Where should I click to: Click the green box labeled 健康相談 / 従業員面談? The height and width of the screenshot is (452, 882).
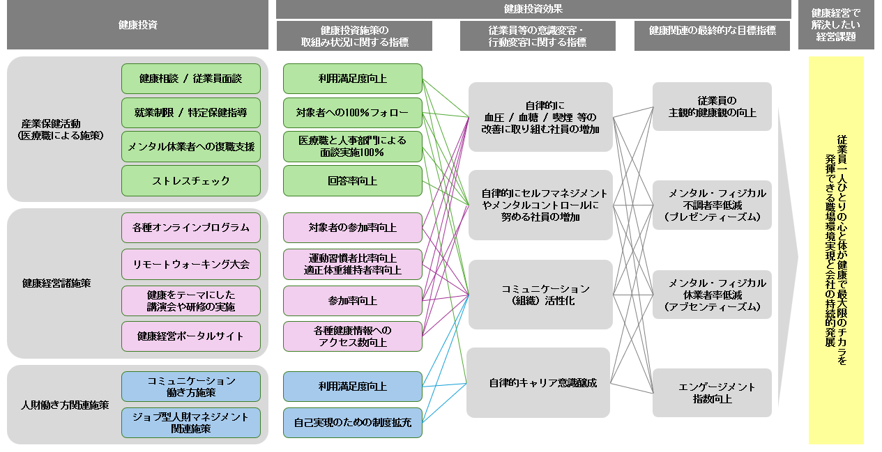pyautogui.click(x=190, y=79)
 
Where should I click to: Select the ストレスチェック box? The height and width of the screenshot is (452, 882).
pyautogui.click(x=190, y=181)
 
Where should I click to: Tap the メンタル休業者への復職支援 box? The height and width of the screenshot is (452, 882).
pyautogui.click(x=190, y=147)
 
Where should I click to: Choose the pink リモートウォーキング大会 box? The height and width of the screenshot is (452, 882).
pyautogui.click(x=190, y=264)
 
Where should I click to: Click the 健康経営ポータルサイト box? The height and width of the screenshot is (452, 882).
pyautogui.click(x=190, y=336)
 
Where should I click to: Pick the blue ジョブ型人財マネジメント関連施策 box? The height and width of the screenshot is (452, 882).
pyautogui.click(x=190, y=423)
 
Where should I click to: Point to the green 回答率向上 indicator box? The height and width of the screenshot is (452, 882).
pyautogui.click(x=352, y=181)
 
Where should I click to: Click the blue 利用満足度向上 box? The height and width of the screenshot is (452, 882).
pyautogui.click(x=352, y=387)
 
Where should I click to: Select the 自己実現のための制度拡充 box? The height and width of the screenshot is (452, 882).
pyautogui.click(x=352, y=423)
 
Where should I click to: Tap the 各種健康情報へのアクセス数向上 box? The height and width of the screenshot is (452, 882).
pyautogui.click(x=352, y=336)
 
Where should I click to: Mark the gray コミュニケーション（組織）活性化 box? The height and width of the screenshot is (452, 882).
pyautogui.click(x=540, y=295)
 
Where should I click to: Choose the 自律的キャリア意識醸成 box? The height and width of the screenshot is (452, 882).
pyautogui.click(x=538, y=383)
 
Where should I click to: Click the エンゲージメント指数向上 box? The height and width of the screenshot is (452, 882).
pyautogui.click(x=712, y=393)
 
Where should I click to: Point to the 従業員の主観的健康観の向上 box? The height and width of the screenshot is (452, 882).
pyautogui.click(x=712, y=107)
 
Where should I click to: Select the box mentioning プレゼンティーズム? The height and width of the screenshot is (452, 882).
pyautogui.click(x=712, y=205)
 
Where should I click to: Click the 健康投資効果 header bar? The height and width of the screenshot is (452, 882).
pyautogui.click(x=533, y=9)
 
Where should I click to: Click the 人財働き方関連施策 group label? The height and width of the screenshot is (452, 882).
pyautogui.click(x=65, y=405)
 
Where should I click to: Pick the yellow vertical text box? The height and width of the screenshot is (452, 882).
pyautogui.click(x=835, y=250)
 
